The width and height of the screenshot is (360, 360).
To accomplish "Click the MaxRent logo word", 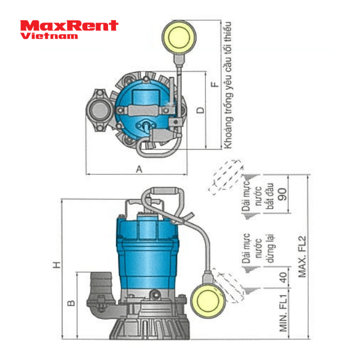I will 69,25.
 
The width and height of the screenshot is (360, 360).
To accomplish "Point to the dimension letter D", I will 200,110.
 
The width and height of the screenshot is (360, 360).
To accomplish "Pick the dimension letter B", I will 71,303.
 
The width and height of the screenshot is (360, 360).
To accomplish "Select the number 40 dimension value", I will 282,276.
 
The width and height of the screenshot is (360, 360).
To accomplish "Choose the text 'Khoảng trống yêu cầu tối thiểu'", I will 228,84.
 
